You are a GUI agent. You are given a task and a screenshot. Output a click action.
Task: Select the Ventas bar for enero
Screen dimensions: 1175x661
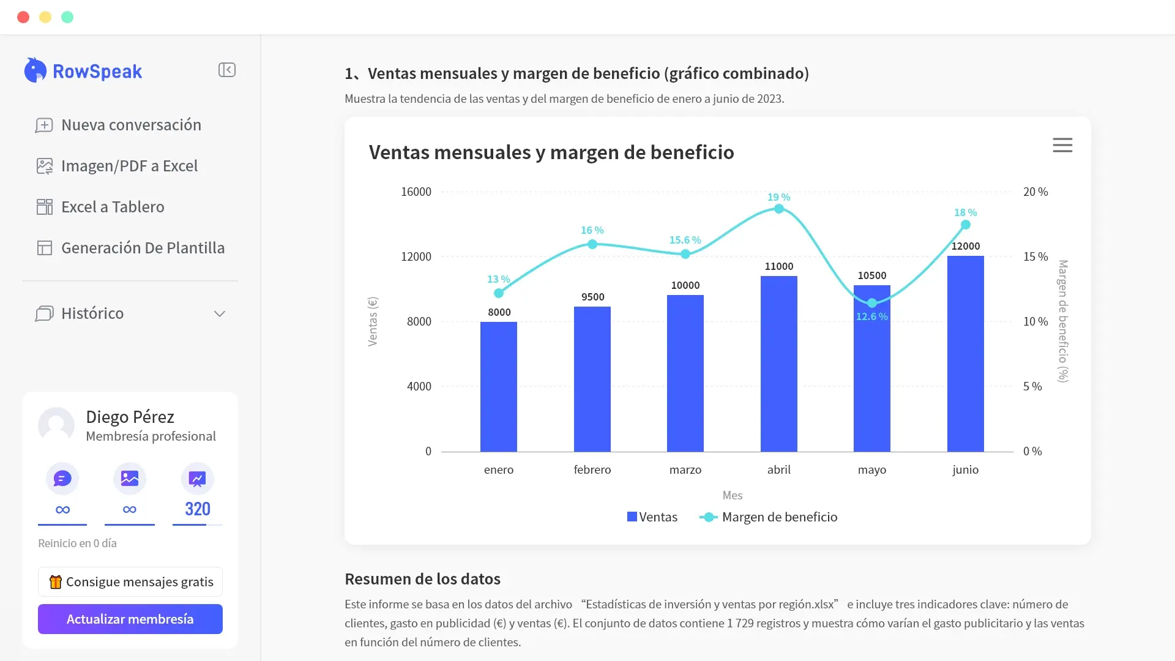click(x=499, y=387)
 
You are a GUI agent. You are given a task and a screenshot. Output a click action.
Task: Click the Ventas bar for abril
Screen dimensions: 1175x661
click(x=779, y=364)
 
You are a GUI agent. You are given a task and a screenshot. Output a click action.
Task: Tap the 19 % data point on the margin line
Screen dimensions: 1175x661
click(x=779, y=209)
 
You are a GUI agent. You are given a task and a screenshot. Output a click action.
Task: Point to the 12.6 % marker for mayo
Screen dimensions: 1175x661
click(x=872, y=303)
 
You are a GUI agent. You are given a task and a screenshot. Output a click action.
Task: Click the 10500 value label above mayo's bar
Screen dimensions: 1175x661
click(x=872, y=275)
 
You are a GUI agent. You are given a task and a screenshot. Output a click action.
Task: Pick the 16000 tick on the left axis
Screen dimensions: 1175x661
click(x=416, y=192)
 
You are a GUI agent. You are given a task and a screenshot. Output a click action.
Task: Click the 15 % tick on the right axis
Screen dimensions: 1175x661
click(x=1035, y=256)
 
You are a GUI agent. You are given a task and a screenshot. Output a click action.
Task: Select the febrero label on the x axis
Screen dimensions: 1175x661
click(x=592, y=469)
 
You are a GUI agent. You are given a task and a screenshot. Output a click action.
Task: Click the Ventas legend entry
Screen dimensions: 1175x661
click(x=652, y=517)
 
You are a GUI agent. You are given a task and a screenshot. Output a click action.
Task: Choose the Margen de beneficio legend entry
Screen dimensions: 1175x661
click(x=769, y=517)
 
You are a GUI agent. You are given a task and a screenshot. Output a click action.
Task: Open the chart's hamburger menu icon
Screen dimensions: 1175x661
click(x=1062, y=145)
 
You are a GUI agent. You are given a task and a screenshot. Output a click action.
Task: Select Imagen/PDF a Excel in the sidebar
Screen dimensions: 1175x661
click(x=117, y=166)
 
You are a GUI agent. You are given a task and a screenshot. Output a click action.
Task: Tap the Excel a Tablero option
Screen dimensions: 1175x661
click(x=100, y=207)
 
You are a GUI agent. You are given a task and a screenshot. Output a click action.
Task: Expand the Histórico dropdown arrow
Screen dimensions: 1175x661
click(x=220, y=314)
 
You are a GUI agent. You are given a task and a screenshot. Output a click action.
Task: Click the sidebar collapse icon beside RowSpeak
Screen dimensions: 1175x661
click(x=227, y=70)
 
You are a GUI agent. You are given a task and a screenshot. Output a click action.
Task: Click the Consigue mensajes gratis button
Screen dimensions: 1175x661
click(x=130, y=581)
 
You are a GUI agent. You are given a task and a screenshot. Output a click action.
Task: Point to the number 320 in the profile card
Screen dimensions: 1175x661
click(x=198, y=509)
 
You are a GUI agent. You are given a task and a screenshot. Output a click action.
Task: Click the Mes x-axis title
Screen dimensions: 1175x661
click(x=733, y=495)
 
